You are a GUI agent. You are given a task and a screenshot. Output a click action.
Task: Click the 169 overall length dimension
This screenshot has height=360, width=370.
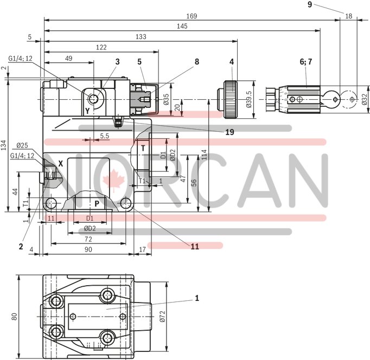[x=191, y=16]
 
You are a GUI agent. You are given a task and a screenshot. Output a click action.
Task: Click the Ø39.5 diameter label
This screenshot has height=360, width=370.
[x=250, y=100]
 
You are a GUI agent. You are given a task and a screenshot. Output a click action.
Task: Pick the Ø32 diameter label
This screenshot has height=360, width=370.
[x=364, y=100]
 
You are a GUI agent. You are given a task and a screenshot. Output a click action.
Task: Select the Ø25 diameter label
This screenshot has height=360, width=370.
[x=23, y=145]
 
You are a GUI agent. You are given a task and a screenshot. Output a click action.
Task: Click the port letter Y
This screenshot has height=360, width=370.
[x=87, y=110]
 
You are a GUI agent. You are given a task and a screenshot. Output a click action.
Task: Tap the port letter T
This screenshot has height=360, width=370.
[x=143, y=147]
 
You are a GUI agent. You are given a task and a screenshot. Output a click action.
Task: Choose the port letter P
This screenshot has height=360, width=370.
[x=97, y=203]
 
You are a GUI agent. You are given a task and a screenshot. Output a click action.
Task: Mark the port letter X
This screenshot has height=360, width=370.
[x=61, y=163]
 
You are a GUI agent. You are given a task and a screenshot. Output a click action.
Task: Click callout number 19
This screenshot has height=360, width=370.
[x=231, y=132]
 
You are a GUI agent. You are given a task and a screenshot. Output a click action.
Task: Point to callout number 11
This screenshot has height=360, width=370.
[x=194, y=246]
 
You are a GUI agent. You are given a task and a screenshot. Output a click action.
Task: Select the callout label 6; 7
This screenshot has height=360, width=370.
[x=306, y=62]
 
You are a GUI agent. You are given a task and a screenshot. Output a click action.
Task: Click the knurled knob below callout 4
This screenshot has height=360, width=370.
[x=231, y=100]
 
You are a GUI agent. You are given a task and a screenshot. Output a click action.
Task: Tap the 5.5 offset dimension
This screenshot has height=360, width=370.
[x=105, y=136]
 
